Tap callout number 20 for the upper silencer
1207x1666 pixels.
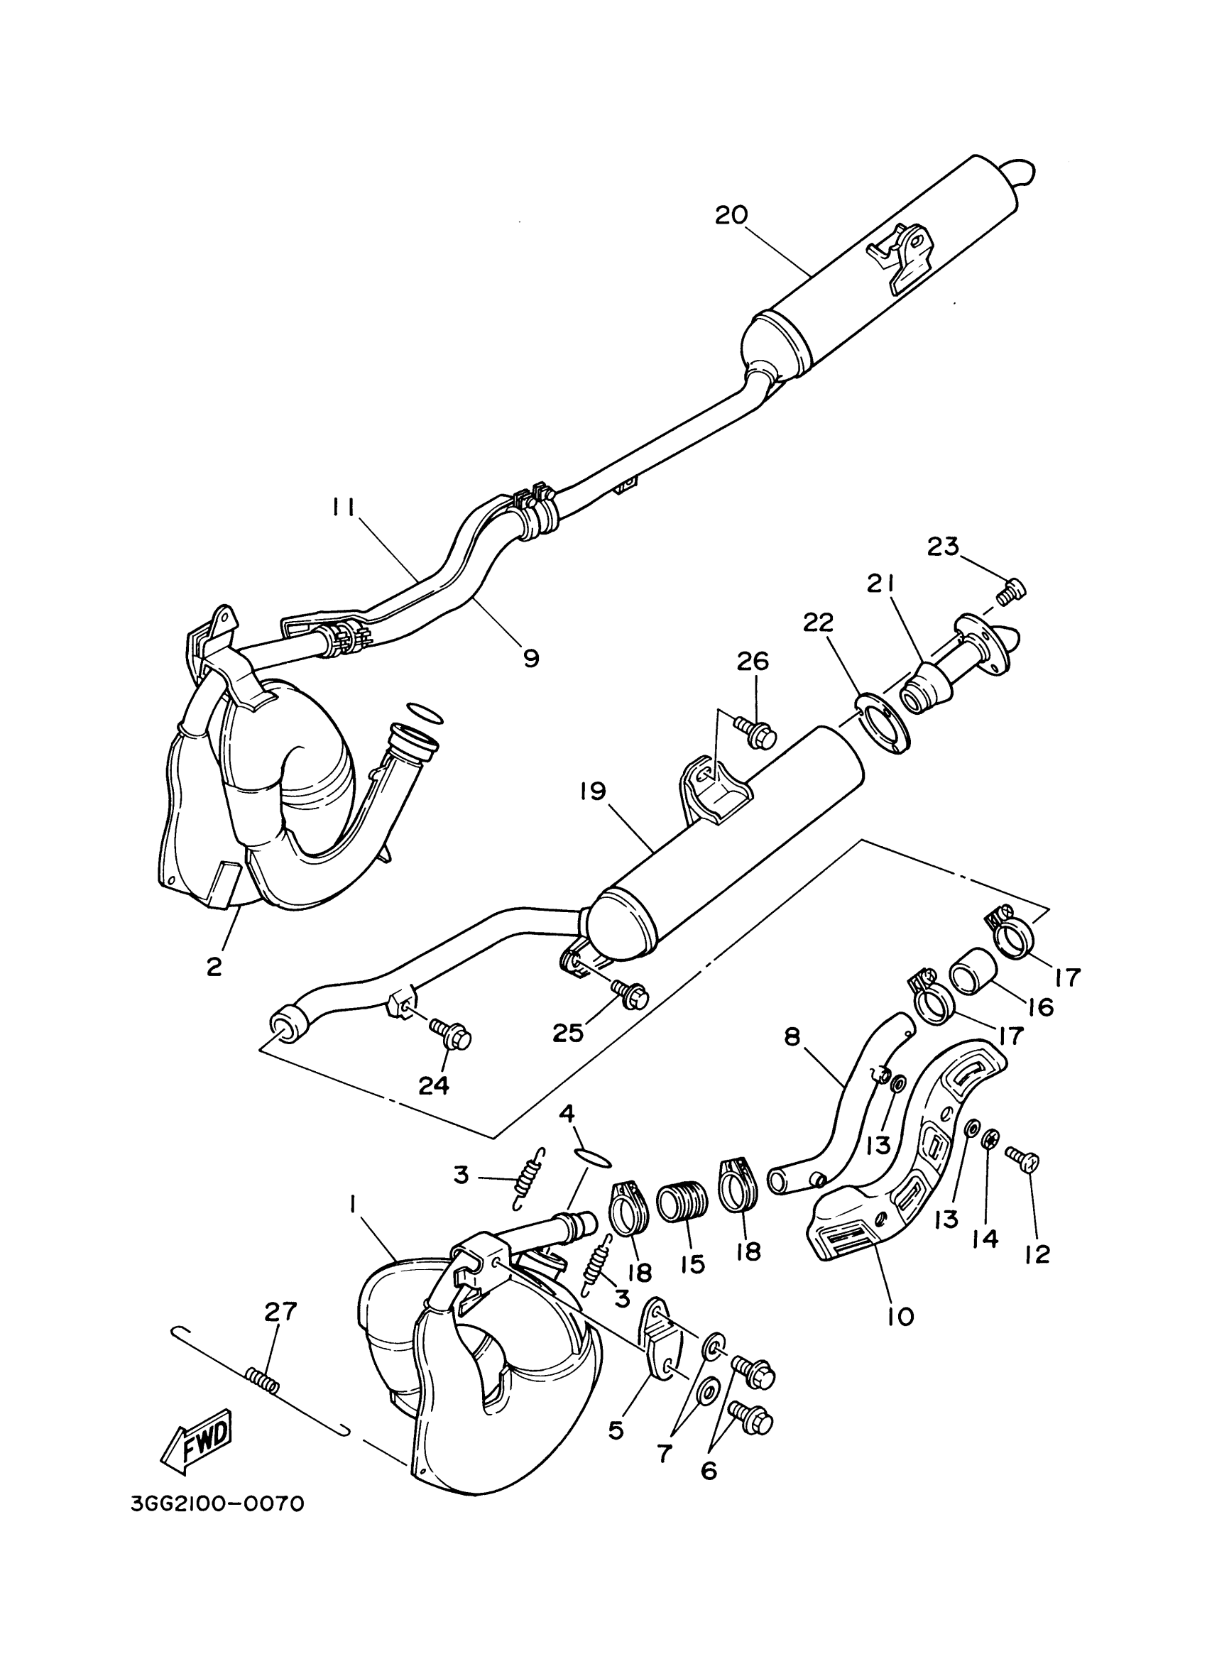point(731,215)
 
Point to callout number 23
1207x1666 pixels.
point(943,547)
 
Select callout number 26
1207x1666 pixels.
point(753,661)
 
